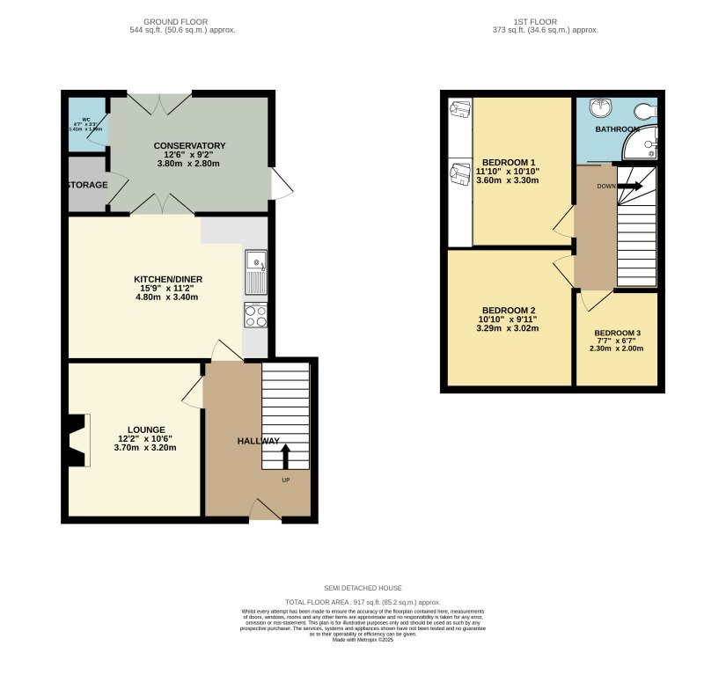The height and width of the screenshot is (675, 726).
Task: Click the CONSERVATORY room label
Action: [x=189, y=146]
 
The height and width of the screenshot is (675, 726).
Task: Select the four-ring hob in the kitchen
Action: [x=256, y=315]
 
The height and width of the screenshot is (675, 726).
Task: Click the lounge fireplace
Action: [x=77, y=440]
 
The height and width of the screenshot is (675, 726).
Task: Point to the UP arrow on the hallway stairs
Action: [x=286, y=457]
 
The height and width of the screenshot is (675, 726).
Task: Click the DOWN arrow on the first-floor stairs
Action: [x=629, y=186]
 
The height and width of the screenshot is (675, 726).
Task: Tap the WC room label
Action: [x=86, y=120]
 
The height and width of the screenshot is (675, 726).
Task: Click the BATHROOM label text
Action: [x=617, y=129]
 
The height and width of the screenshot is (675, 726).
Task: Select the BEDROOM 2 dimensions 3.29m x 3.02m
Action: [x=508, y=328]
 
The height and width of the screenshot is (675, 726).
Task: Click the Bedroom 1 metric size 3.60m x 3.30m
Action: [x=507, y=180]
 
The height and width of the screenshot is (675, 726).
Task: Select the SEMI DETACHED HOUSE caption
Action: [x=362, y=588]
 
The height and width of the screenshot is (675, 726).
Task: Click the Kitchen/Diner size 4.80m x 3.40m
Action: [x=166, y=297]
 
